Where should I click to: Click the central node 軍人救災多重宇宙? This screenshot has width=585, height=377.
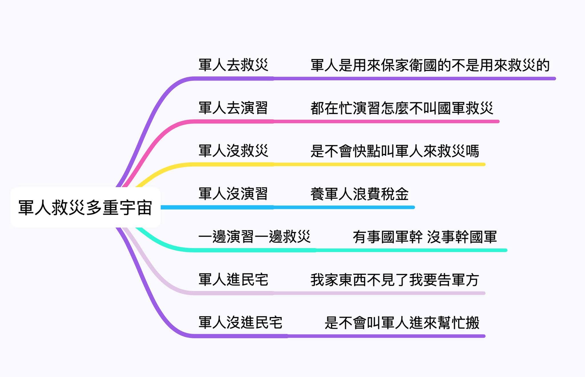coord(85,208)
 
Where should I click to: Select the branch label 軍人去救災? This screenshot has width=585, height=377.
coord(233,65)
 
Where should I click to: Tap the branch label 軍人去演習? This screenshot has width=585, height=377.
coord(233,108)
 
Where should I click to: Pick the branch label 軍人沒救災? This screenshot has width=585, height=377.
coord(233,151)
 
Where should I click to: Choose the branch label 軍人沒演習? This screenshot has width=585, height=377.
coord(233,194)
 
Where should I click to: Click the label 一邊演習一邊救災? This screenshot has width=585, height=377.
coord(254,237)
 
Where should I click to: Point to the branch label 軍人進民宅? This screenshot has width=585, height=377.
coord(233,280)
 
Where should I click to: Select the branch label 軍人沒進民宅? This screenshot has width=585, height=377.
coord(240,322)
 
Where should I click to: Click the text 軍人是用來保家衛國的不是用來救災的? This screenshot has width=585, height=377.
coord(430,65)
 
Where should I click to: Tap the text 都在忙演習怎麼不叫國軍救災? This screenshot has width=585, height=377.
coord(402,108)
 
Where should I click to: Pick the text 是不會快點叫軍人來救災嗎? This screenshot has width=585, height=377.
coord(395,151)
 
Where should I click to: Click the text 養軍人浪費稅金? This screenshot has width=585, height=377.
coord(360,194)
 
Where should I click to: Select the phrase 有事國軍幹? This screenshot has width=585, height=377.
coord(388,237)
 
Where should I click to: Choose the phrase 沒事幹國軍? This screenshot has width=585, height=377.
coord(462,237)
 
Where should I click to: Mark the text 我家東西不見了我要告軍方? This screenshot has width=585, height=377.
coord(395,280)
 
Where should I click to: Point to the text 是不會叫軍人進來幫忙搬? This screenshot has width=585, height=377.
coord(402,322)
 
